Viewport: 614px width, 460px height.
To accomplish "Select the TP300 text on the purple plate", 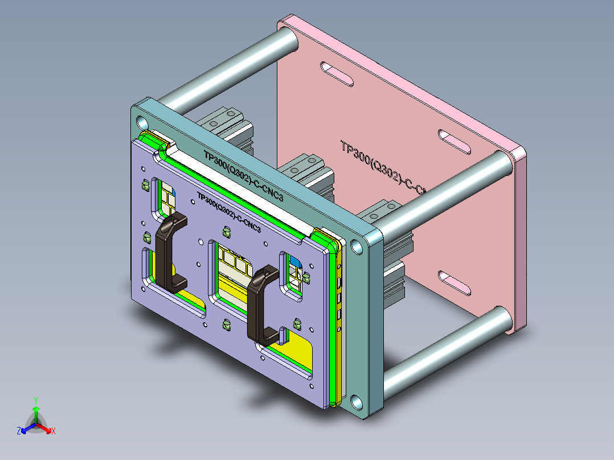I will (228, 210).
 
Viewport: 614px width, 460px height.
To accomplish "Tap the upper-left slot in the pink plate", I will (337, 74).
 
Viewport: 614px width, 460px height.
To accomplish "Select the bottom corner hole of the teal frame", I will (357, 402).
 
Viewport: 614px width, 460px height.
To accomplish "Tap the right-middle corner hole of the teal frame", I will (357, 246).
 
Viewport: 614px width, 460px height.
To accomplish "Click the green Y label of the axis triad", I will (35, 400).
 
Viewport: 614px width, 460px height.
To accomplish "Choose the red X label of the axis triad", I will (54, 432).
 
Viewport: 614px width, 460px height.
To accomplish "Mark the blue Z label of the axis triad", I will (19, 432).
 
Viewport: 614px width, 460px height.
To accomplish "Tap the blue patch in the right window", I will (295, 264).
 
